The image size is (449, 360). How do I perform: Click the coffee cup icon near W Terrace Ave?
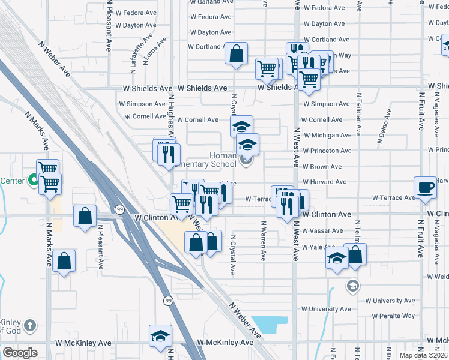click(425, 187)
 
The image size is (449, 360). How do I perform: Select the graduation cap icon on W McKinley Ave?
click(160, 337)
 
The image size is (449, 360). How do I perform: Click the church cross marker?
click(31, 326)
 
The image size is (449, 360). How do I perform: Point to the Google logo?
click(20, 353)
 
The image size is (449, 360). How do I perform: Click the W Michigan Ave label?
click(327, 136)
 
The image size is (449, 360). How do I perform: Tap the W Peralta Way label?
click(393, 316)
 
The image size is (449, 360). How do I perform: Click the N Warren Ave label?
click(263, 240)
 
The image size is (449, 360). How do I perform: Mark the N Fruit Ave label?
click(420, 240)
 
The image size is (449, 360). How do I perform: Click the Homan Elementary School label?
click(223, 160)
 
